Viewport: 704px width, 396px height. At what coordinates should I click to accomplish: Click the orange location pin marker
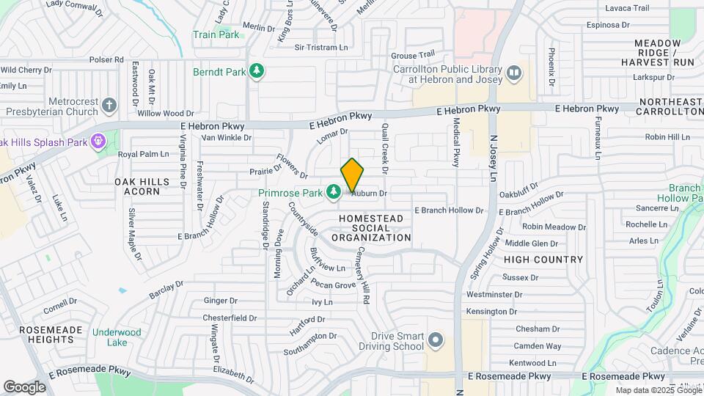(353, 175)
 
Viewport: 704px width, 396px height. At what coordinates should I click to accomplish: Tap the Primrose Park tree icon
(334, 193)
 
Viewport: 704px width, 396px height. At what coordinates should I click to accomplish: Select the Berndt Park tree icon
(257, 71)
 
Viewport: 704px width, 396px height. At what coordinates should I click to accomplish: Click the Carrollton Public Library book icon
(514, 73)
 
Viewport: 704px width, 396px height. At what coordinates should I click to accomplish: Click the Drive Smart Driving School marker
(436, 340)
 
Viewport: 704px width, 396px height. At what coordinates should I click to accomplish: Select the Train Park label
(216, 34)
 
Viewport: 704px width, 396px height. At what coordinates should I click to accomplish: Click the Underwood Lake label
(117, 337)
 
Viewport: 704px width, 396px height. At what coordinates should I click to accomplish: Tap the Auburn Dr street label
(369, 193)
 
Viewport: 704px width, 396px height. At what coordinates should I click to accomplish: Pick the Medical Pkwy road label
(456, 142)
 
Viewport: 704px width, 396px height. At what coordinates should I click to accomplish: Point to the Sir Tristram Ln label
(320, 48)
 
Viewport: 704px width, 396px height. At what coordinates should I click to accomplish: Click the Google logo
(24, 386)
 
